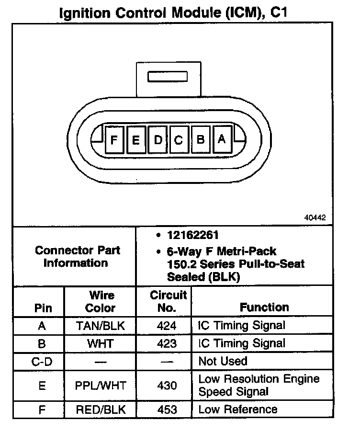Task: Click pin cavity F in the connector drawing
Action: click(114, 140)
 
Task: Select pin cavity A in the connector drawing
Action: click(222, 139)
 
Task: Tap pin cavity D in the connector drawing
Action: click(157, 140)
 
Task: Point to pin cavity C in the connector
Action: click(179, 140)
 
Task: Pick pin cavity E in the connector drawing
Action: click(136, 140)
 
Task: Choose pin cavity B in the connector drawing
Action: click(201, 140)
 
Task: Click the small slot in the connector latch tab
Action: click(168, 77)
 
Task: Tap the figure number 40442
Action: click(315, 217)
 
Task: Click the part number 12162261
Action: click(191, 235)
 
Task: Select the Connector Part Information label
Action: click(77, 256)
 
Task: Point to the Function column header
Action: click(264, 307)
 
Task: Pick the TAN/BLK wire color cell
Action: click(101, 326)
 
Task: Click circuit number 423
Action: click(167, 343)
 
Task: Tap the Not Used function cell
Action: click(223, 361)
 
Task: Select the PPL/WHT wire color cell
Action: click(101, 385)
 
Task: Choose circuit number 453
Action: click(167, 409)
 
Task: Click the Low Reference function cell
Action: click(238, 409)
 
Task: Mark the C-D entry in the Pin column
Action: click(42, 361)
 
